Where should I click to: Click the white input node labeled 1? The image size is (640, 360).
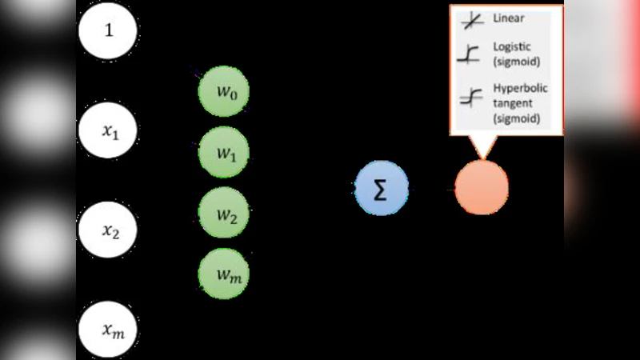108,31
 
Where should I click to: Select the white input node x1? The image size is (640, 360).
108,131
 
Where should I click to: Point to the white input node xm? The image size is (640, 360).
108,328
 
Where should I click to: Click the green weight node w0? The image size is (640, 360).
224,90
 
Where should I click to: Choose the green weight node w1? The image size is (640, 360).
224,152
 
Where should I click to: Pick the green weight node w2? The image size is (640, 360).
224,213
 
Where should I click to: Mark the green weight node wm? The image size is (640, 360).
224,274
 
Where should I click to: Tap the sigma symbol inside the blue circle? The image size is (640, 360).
382,190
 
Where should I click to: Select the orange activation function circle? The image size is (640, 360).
482,188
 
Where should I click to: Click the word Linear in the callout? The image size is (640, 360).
509,18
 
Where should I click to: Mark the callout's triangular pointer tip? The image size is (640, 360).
482,157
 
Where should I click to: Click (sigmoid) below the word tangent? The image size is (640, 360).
517,118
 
